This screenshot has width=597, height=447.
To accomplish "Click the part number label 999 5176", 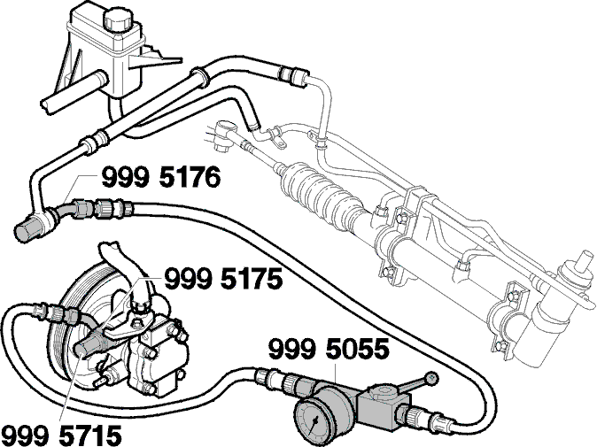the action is point(160,178).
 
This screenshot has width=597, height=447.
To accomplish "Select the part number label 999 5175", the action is point(223,279).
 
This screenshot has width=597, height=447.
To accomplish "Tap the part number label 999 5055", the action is point(329,350).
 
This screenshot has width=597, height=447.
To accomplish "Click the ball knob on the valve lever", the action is point(431,378).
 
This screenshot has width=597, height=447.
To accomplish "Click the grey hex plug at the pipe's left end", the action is point(26,230).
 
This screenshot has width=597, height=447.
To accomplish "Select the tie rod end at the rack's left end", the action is point(225,134).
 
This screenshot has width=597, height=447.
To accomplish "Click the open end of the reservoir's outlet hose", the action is point(46,105).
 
